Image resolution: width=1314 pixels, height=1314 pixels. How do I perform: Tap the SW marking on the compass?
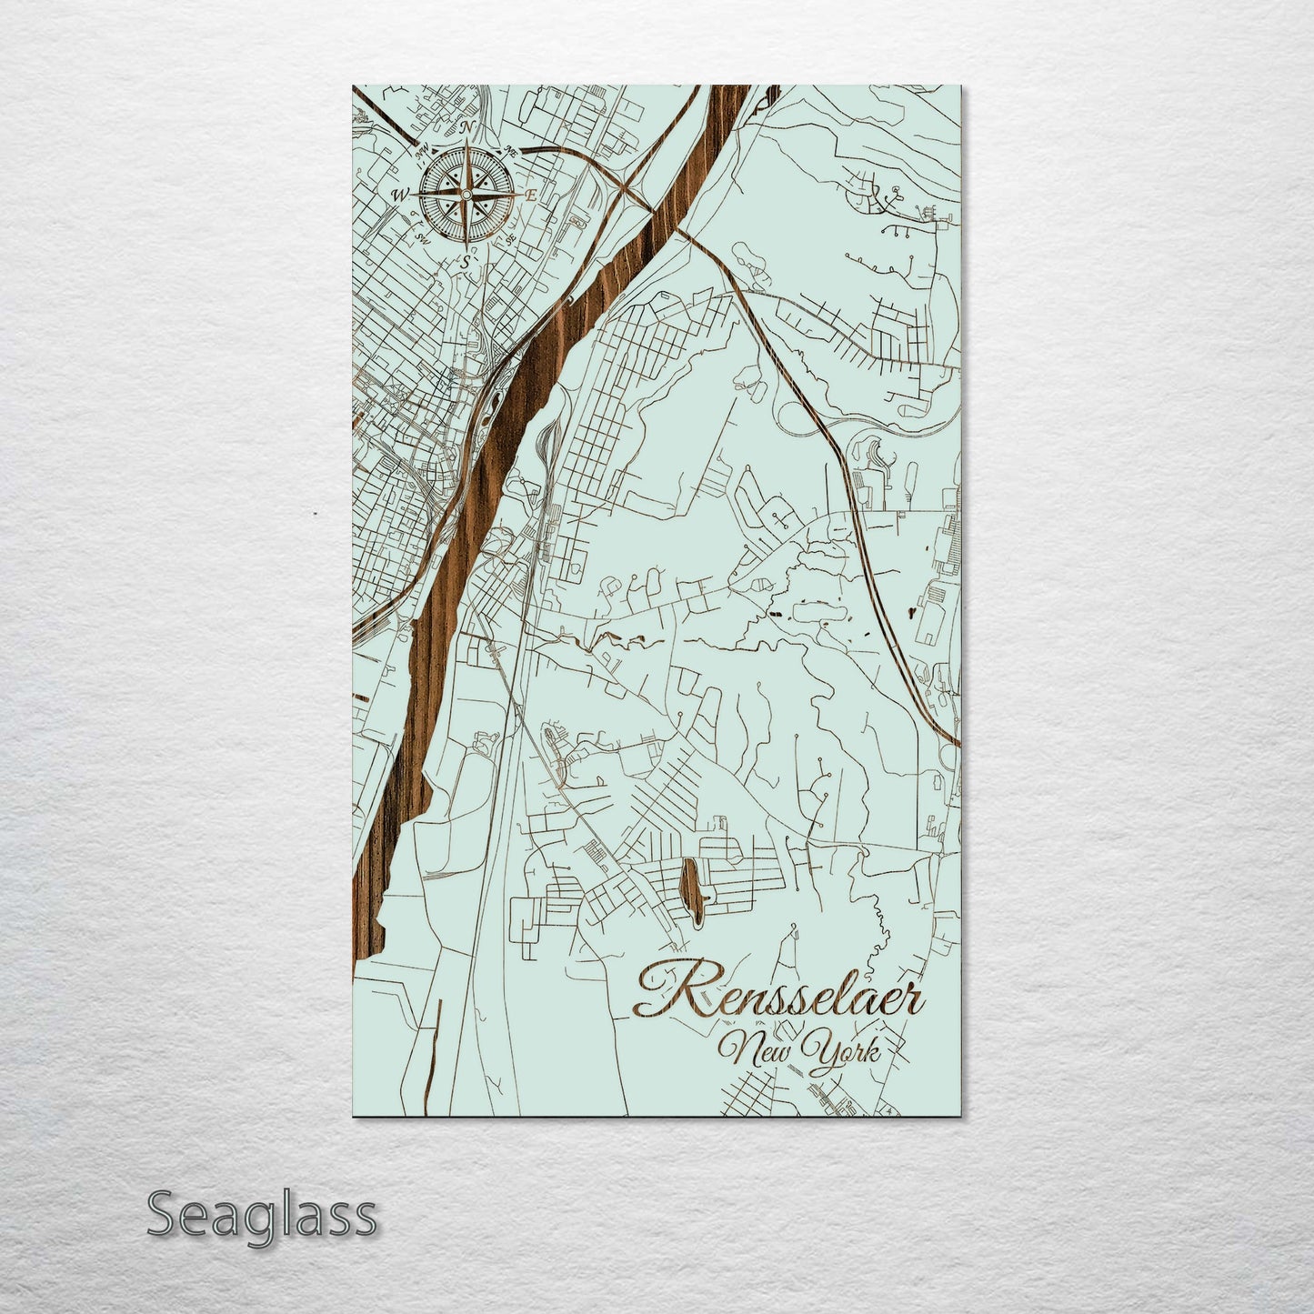(422, 238)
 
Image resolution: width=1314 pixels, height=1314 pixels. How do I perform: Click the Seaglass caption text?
(261, 1216)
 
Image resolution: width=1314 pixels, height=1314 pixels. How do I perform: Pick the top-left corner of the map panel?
(353, 87)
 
